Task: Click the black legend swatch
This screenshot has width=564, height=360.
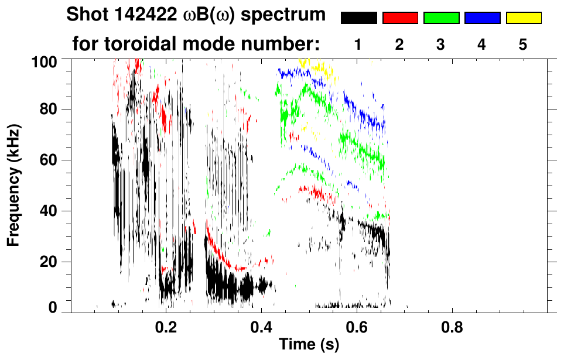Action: click(358, 18)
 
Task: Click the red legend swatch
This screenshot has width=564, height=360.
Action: click(400, 18)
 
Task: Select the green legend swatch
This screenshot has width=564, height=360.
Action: click(441, 18)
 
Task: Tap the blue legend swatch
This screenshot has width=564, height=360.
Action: click(482, 18)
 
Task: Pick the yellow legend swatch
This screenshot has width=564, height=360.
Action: click(523, 18)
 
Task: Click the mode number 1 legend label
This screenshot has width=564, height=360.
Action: click(358, 44)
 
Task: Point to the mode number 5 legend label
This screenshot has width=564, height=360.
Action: click(523, 44)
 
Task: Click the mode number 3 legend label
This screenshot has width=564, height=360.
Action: click(441, 44)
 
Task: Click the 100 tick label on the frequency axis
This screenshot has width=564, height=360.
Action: click(43, 61)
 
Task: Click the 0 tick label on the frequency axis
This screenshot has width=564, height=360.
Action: click(52, 307)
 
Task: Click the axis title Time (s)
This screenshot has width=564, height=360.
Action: click(309, 344)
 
